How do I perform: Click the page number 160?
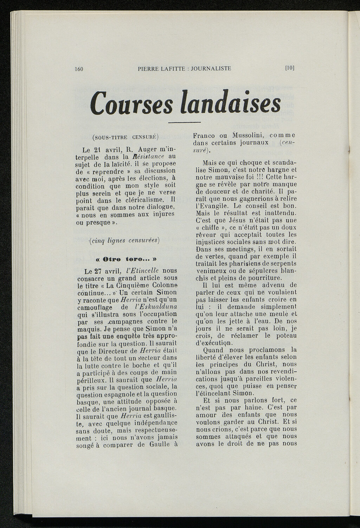[x=79, y=69]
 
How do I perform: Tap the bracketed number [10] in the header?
[x=290, y=68]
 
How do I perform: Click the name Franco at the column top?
[x=205, y=136]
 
